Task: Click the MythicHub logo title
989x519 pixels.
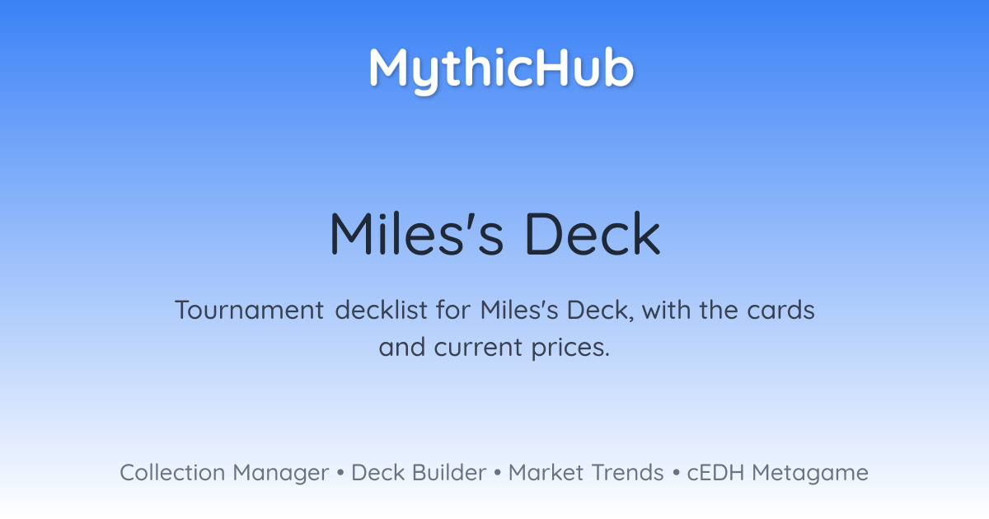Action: pyautogui.click(x=501, y=69)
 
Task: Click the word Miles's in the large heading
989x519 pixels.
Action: pyautogui.click(x=416, y=233)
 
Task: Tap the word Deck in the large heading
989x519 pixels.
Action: pyautogui.click(x=593, y=233)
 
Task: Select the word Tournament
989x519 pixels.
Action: pyautogui.click(x=250, y=310)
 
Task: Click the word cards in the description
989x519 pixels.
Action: pyautogui.click(x=780, y=310)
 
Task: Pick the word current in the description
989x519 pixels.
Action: pyautogui.click(x=478, y=348)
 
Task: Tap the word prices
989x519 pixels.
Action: pyautogui.click(x=570, y=348)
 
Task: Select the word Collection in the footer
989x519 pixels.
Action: pyautogui.click(x=172, y=473)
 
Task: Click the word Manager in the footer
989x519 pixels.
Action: pyautogui.click(x=281, y=474)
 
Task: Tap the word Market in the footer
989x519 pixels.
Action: pyautogui.click(x=546, y=473)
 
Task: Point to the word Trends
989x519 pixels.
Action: pyautogui.click(x=627, y=473)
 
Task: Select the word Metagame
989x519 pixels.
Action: pyautogui.click(x=810, y=474)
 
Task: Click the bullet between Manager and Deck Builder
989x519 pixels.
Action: pyautogui.click(x=340, y=473)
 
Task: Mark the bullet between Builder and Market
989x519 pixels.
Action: pyautogui.click(x=498, y=473)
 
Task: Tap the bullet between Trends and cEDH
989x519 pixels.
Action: pyautogui.click(x=676, y=473)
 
